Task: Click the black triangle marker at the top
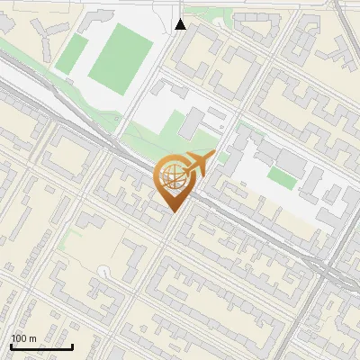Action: tap(181, 24)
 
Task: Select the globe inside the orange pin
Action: tap(171, 177)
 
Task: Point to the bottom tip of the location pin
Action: tap(172, 211)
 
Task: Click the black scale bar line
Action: tap(41, 346)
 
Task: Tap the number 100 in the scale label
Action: tap(20, 338)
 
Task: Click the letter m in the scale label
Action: tap(32, 338)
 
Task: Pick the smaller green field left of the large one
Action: tap(72, 54)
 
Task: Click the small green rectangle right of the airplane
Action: tap(282, 178)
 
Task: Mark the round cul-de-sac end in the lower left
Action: tap(105, 270)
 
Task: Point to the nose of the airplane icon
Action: tap(212, 156)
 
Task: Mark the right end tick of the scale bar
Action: tap(72, 345)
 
